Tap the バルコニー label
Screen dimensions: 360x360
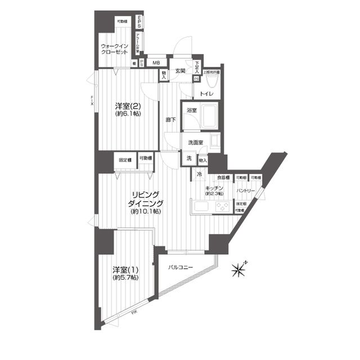181,267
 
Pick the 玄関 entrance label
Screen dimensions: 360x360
180,70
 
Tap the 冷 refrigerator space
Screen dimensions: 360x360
199,174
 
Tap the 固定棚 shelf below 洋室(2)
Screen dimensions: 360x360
125,160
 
